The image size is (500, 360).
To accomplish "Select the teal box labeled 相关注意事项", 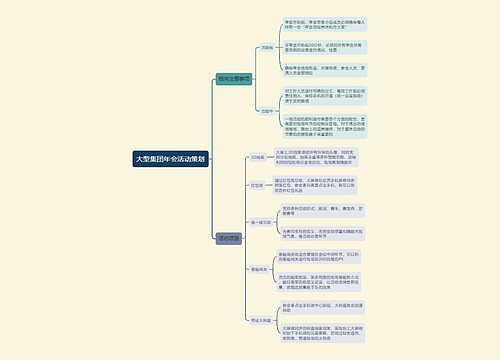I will [236, 79].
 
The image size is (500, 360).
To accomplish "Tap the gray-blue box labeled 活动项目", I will [229, 238].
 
